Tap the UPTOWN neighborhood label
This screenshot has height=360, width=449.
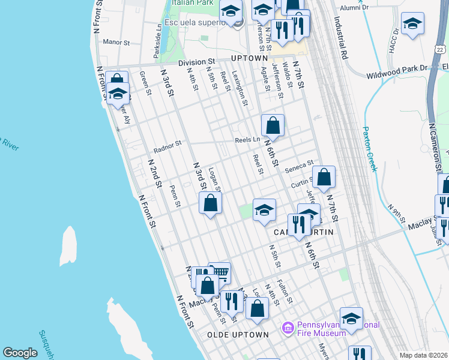[249, 58]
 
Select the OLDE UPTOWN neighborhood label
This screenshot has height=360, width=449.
[238, 334]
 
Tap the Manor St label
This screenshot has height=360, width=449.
[116, 43]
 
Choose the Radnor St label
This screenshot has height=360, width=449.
[167, 145]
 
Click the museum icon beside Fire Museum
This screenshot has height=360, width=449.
[288, 328]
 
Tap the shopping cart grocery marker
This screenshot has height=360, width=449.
[220, 273]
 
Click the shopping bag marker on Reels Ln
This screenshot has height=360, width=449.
[273, 125]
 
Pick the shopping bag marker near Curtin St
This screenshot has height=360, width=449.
[324, 177]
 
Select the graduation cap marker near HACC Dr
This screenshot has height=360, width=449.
[412, 24]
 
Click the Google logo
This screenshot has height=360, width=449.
[20, 353]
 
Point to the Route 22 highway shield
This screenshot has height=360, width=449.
[441, 49]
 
